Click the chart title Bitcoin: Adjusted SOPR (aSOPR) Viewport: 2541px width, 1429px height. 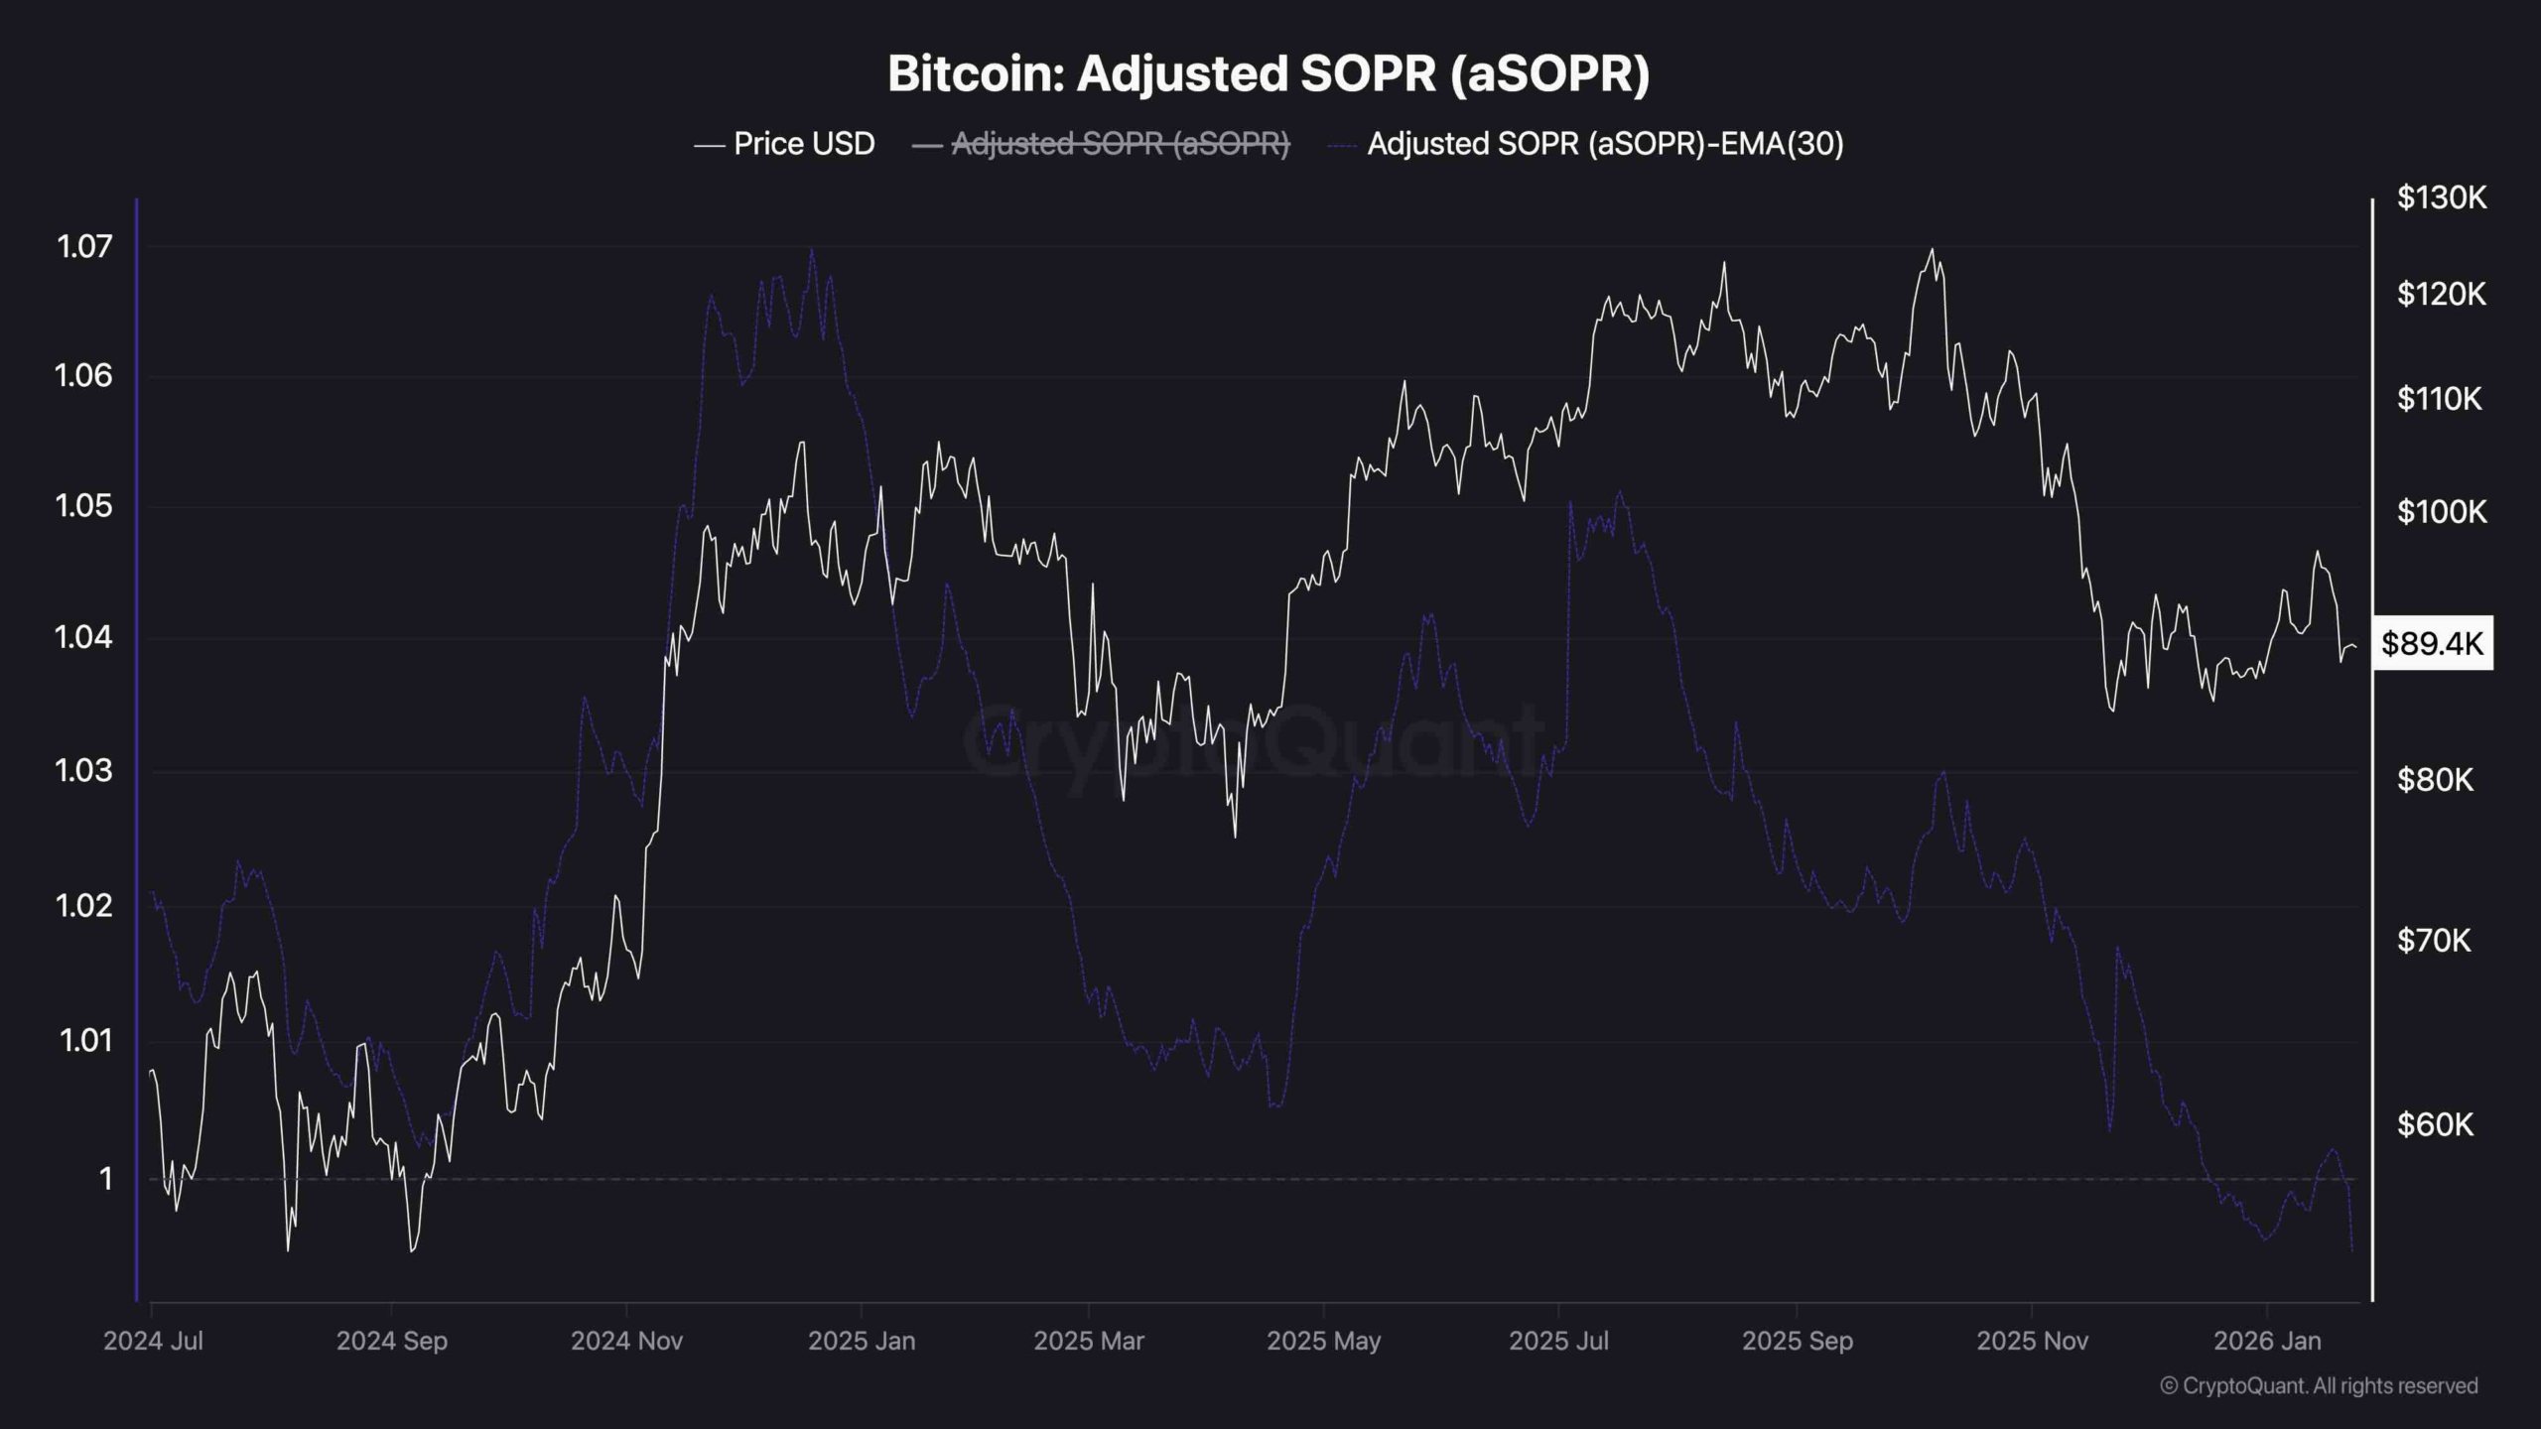pos(1269,74)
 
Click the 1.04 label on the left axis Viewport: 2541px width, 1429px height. pos(84,637)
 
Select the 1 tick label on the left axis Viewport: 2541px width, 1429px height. pos(104,1179)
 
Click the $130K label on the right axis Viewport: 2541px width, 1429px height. pos(2442,198)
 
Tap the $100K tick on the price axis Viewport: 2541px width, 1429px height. pos(2442,512)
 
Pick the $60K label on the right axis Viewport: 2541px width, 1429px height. pos(2436,1124)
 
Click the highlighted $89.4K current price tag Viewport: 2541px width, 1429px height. pos(2432,644)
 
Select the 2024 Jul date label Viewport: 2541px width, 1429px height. pos(153,1341)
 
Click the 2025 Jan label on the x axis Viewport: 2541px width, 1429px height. pos(862,1341)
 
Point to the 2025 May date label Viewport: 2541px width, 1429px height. pos(1323,1341)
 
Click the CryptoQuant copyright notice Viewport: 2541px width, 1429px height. pos(2319,1385)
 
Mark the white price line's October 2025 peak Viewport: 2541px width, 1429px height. pos(1932,249)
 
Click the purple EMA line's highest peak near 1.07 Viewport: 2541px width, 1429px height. pos(812,249)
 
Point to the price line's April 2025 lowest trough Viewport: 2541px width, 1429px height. pos(1235,837)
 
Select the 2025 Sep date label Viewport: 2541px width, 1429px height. pos(1797,1341)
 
